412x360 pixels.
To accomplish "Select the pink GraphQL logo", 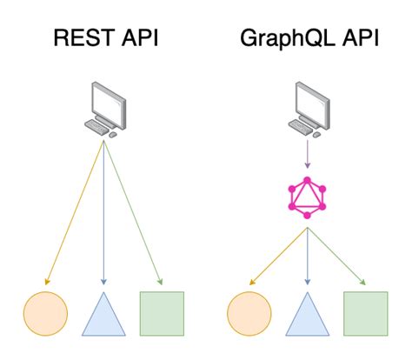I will tap(306, 198).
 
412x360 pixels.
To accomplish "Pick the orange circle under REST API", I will tap(44, 314).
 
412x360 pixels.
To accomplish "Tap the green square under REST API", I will tap(162, 314).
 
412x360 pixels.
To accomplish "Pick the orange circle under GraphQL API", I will tap(248, 314).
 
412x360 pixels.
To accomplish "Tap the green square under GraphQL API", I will tap(365, 314).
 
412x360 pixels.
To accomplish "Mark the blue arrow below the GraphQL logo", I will tap(306, 257).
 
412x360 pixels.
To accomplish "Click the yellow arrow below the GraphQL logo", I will tap(278, 257).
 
